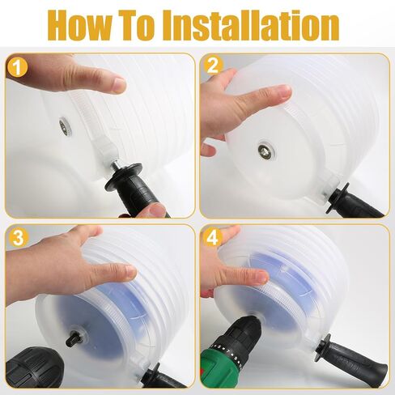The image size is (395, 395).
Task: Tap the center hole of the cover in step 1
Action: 62,126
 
